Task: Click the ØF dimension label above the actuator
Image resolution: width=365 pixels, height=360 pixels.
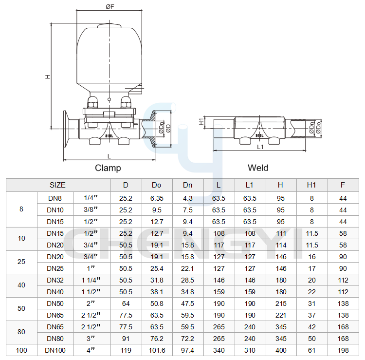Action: click(110, 7)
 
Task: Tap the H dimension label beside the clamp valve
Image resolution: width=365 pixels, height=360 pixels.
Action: click(48, 76)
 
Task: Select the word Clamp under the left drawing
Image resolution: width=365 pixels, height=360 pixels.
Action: click(108, 168)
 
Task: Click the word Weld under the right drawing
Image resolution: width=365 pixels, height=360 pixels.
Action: click(258, 168)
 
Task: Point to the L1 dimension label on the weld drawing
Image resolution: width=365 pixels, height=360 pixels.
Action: click(260, 147)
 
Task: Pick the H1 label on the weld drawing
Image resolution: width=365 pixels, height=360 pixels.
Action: click(201, 122)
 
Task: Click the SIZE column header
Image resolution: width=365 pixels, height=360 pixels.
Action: click(57, 185)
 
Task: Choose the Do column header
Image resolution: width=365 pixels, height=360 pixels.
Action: click(156, 185)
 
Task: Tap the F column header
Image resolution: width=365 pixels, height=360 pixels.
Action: click(343, 185)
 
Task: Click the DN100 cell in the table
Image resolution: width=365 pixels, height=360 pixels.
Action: click(55, 350)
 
